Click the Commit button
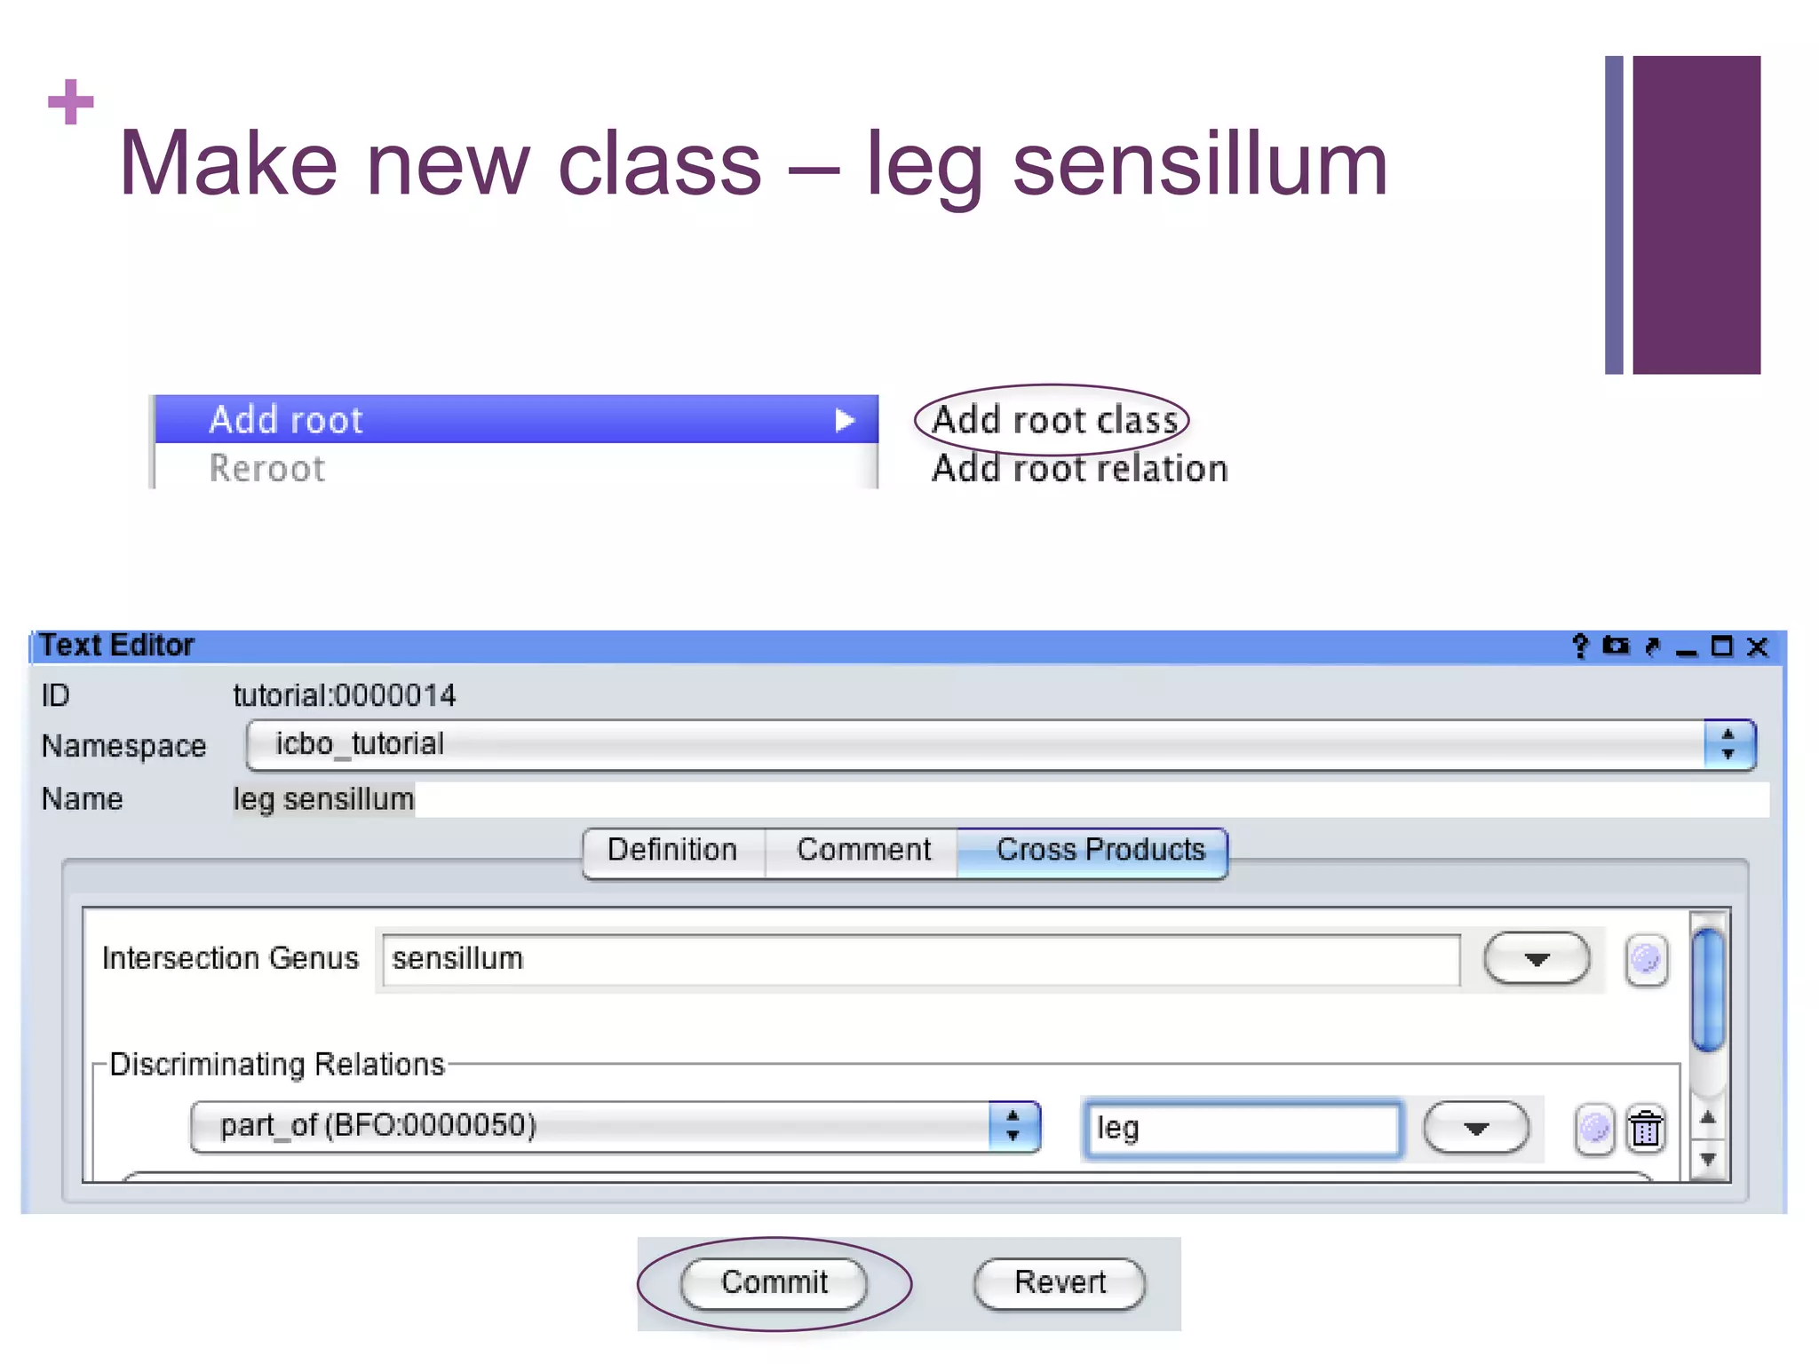click(x=774, y=1282)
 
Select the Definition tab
click(x=672, y=851)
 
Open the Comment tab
click(x=863, y=851)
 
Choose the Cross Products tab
click(x=1100, y=851)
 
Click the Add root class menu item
click(x=1054, y=420)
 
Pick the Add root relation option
click(x=1079, y=469)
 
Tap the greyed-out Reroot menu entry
click(x=266, y=469)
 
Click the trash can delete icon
click(x=1646, y=1130)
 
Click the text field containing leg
click(x=1242, y=1129)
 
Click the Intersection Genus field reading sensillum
click(x=920, y=959)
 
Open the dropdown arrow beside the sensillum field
click(x=1537, y=959)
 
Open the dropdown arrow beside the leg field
click(x=1475, y=1129)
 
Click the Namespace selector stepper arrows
click(x=1728, y=744)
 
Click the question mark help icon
click(x=1580, y=646)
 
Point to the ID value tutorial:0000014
click(x=345, y=695)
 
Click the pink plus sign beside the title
click(x=71, y=102)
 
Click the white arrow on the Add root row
click(x=845, y=420)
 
